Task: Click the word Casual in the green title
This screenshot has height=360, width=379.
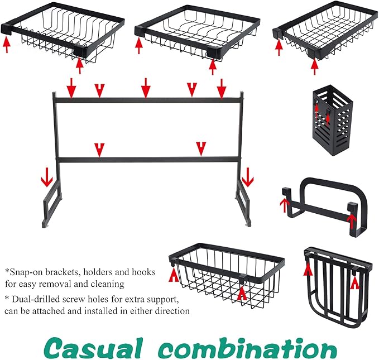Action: pos(94,349)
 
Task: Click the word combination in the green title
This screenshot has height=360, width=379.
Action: pos(248,348)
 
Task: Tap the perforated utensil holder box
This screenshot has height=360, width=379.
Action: pos(333,120)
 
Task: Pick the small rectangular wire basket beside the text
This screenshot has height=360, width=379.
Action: pos(227,276)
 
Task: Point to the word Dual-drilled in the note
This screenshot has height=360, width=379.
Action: pos(36,299)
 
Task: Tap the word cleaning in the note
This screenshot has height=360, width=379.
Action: pos(108,284)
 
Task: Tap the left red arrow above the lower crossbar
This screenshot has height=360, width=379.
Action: pos(99,150)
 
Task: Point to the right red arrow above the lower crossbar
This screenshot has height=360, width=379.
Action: pos(201,149)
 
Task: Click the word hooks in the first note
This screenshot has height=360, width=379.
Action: pos(143,272)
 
